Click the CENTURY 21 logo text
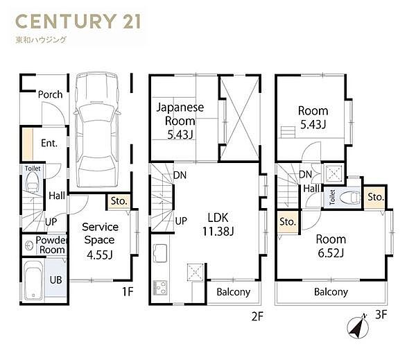pyautogui.click(x=78, y=22)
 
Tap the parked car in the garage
pyautogui.click(x=97, y=130)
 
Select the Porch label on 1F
pyautogui.click(x=50, y=94)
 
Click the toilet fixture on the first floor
pyautogui.click(x=33, y=182)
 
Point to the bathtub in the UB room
pyautogui.click(x=33, y=280)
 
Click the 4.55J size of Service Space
pyautogui.click(x=100, y=255)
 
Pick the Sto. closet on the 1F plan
pyautogui.click(x=119, y=202)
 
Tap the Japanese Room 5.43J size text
pyautogui.click(x=180, y=135)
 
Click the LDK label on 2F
pyautogui.click(x=218, y=218)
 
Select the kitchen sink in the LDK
pyautogui.click(x=160, y=253)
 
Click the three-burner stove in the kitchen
pyautogui.click(x=160, y=288)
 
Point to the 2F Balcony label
pyautogui.click(x=234, y=292)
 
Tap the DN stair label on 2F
pyautogui.click(x=180, y=175)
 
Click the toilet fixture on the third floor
pyautogui.click(x=350, y=197)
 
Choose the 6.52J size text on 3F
pyautogui.click(x=331, y=253)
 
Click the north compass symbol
pyautogui.click(x=358, y=327)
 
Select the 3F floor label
pyautogui.click(x=381, y=315)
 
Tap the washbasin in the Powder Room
pyautogui.click(x=28, y=246)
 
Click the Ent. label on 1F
pyautogui.click(x=49, y=144)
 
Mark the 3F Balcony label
pyautogui.click(x=331, y=292)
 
